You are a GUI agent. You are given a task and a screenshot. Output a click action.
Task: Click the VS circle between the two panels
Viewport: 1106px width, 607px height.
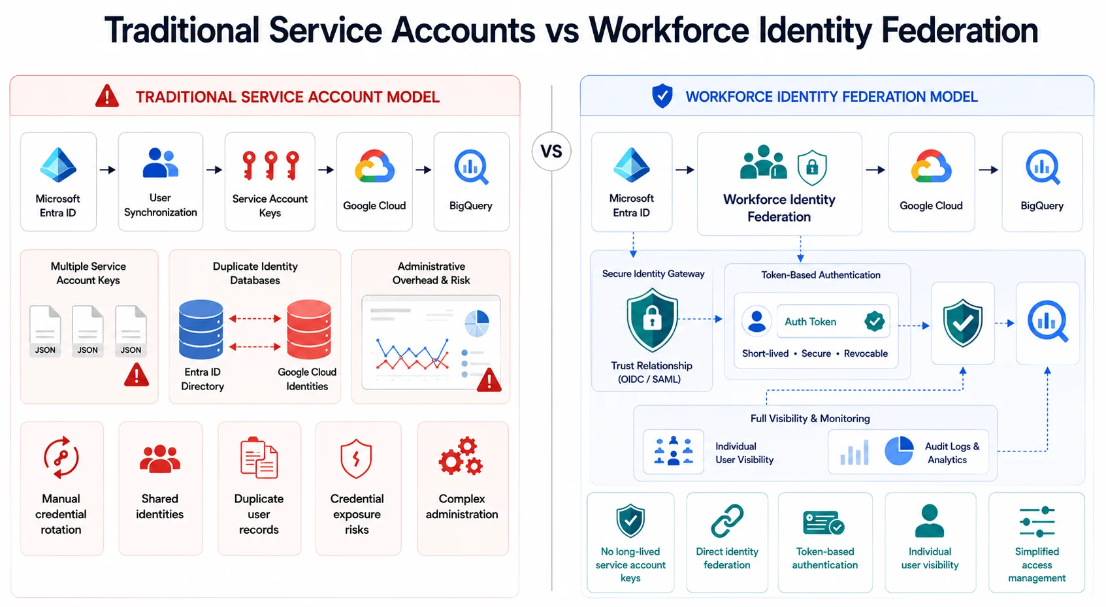[x=551, y=151]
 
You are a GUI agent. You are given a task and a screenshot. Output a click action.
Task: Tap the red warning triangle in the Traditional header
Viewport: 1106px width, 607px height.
[x=106, y=96]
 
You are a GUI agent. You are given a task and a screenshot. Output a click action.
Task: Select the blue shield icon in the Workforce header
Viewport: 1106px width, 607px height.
[x=662, y=96]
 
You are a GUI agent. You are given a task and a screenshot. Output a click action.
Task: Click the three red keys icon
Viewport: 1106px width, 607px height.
[x=270, y=165]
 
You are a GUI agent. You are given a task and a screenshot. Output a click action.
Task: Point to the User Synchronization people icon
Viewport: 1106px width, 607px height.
[x=160, y=163]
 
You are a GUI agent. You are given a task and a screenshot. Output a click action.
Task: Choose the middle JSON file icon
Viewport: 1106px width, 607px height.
[x=88, y=331]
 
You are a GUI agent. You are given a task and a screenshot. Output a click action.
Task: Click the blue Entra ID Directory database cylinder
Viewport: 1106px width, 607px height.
[x=201, y=329]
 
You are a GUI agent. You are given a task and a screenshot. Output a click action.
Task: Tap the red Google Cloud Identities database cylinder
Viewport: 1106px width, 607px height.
[x=309, y=329]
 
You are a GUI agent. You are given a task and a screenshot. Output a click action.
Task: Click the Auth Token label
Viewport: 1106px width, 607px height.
[x=810, y=321]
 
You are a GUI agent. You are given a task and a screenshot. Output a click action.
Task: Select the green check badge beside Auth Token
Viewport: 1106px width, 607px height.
[x=875, y=321]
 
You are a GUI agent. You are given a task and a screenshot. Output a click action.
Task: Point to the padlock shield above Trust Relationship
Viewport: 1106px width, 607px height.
[x=652, y=321]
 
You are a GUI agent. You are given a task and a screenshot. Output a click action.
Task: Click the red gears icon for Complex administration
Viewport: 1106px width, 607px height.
[x=461, y=456]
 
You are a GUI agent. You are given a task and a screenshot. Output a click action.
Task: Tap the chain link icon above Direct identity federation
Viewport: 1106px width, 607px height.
[x=727, y=521]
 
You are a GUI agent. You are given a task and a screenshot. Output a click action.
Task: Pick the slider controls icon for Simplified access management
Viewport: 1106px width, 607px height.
[x=1037, y=521]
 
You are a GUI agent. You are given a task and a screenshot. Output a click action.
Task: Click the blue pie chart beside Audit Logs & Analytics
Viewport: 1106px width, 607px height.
[x=899, y=450]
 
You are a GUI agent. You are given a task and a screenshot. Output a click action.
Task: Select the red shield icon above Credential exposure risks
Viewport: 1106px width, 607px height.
[x=356, y=458]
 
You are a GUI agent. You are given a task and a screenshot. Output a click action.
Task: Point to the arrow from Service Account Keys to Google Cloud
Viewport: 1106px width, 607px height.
[x=326, y=170]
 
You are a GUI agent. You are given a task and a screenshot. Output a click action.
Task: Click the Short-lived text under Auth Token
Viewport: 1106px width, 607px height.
[x=765, y=353]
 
